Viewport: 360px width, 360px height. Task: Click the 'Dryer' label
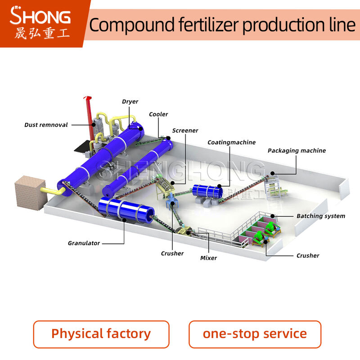click(x=130, y=102)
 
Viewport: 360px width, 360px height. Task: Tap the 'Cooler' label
click(x=158, y=114)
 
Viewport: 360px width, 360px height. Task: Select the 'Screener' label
click(x=185, y=130)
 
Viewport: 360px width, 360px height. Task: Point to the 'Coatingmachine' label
click(x=231, y=142)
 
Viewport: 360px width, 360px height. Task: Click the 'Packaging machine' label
click(x=297, y=151)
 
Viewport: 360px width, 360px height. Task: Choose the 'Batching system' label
click(x=321, y=216)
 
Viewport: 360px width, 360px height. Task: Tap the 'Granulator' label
click(x=84, y=243)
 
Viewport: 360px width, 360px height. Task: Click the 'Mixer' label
click(x=208, y=258)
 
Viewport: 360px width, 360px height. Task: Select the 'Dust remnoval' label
click(x=46, y=125)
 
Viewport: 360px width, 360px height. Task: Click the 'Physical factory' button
click(x=101, y=334)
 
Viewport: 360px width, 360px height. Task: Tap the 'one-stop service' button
click(x=255, y=334)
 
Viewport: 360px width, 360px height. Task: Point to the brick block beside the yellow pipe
click(x=30, y=193)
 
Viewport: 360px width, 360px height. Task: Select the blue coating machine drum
click(x=207, y=191)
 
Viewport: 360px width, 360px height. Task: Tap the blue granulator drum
click(x=126, y=210)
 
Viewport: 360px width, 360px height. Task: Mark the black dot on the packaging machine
click(x=272, y=173)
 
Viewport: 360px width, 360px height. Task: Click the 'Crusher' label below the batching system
click(x=308, y=256)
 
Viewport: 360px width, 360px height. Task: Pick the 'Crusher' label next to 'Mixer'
click(x=172, y=253)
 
